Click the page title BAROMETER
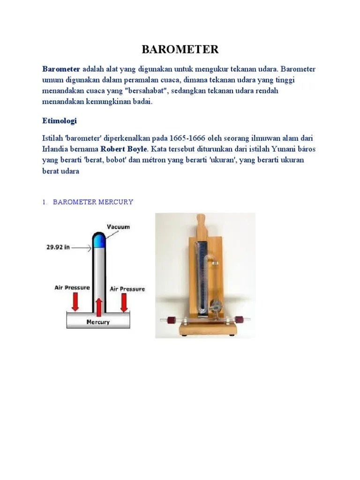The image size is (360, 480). (180, 50)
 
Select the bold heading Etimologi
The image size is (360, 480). (59, 120)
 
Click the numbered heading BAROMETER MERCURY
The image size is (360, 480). (93, 202)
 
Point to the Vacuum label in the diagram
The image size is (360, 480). (118, 226)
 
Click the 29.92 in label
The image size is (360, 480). (58, 247)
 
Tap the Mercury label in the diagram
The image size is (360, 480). (98, 322)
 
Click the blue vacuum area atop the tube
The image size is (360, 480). (98, 240)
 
